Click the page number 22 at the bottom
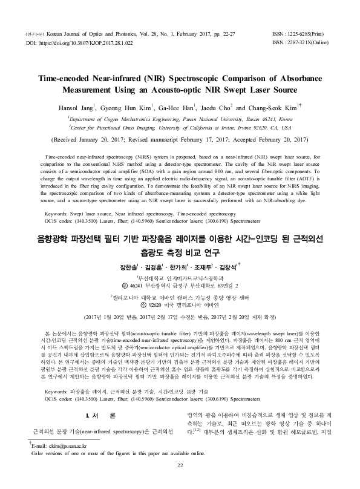click(x=179, y=481)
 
